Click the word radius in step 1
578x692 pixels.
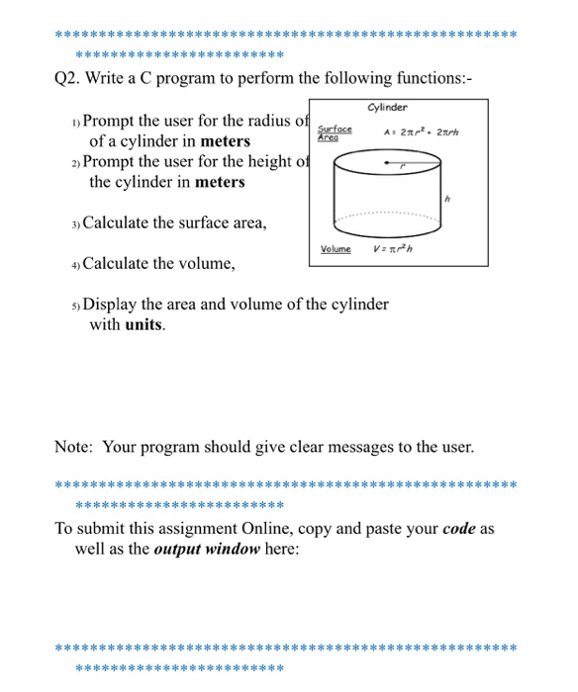(x=252, y=121)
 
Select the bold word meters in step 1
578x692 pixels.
(x=218, y=141)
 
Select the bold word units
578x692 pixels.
(x=144, y=323)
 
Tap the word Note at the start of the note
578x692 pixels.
(x=74, y=447)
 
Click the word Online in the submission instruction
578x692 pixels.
(x=298, y=528)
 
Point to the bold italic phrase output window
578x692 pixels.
(x=208, y=549)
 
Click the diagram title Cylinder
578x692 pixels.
(x=387, y=107)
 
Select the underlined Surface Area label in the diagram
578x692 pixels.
(x=334, y=133)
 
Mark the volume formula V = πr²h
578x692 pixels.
(x=393, y=249)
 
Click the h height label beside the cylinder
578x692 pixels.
(x=448, y=199)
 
